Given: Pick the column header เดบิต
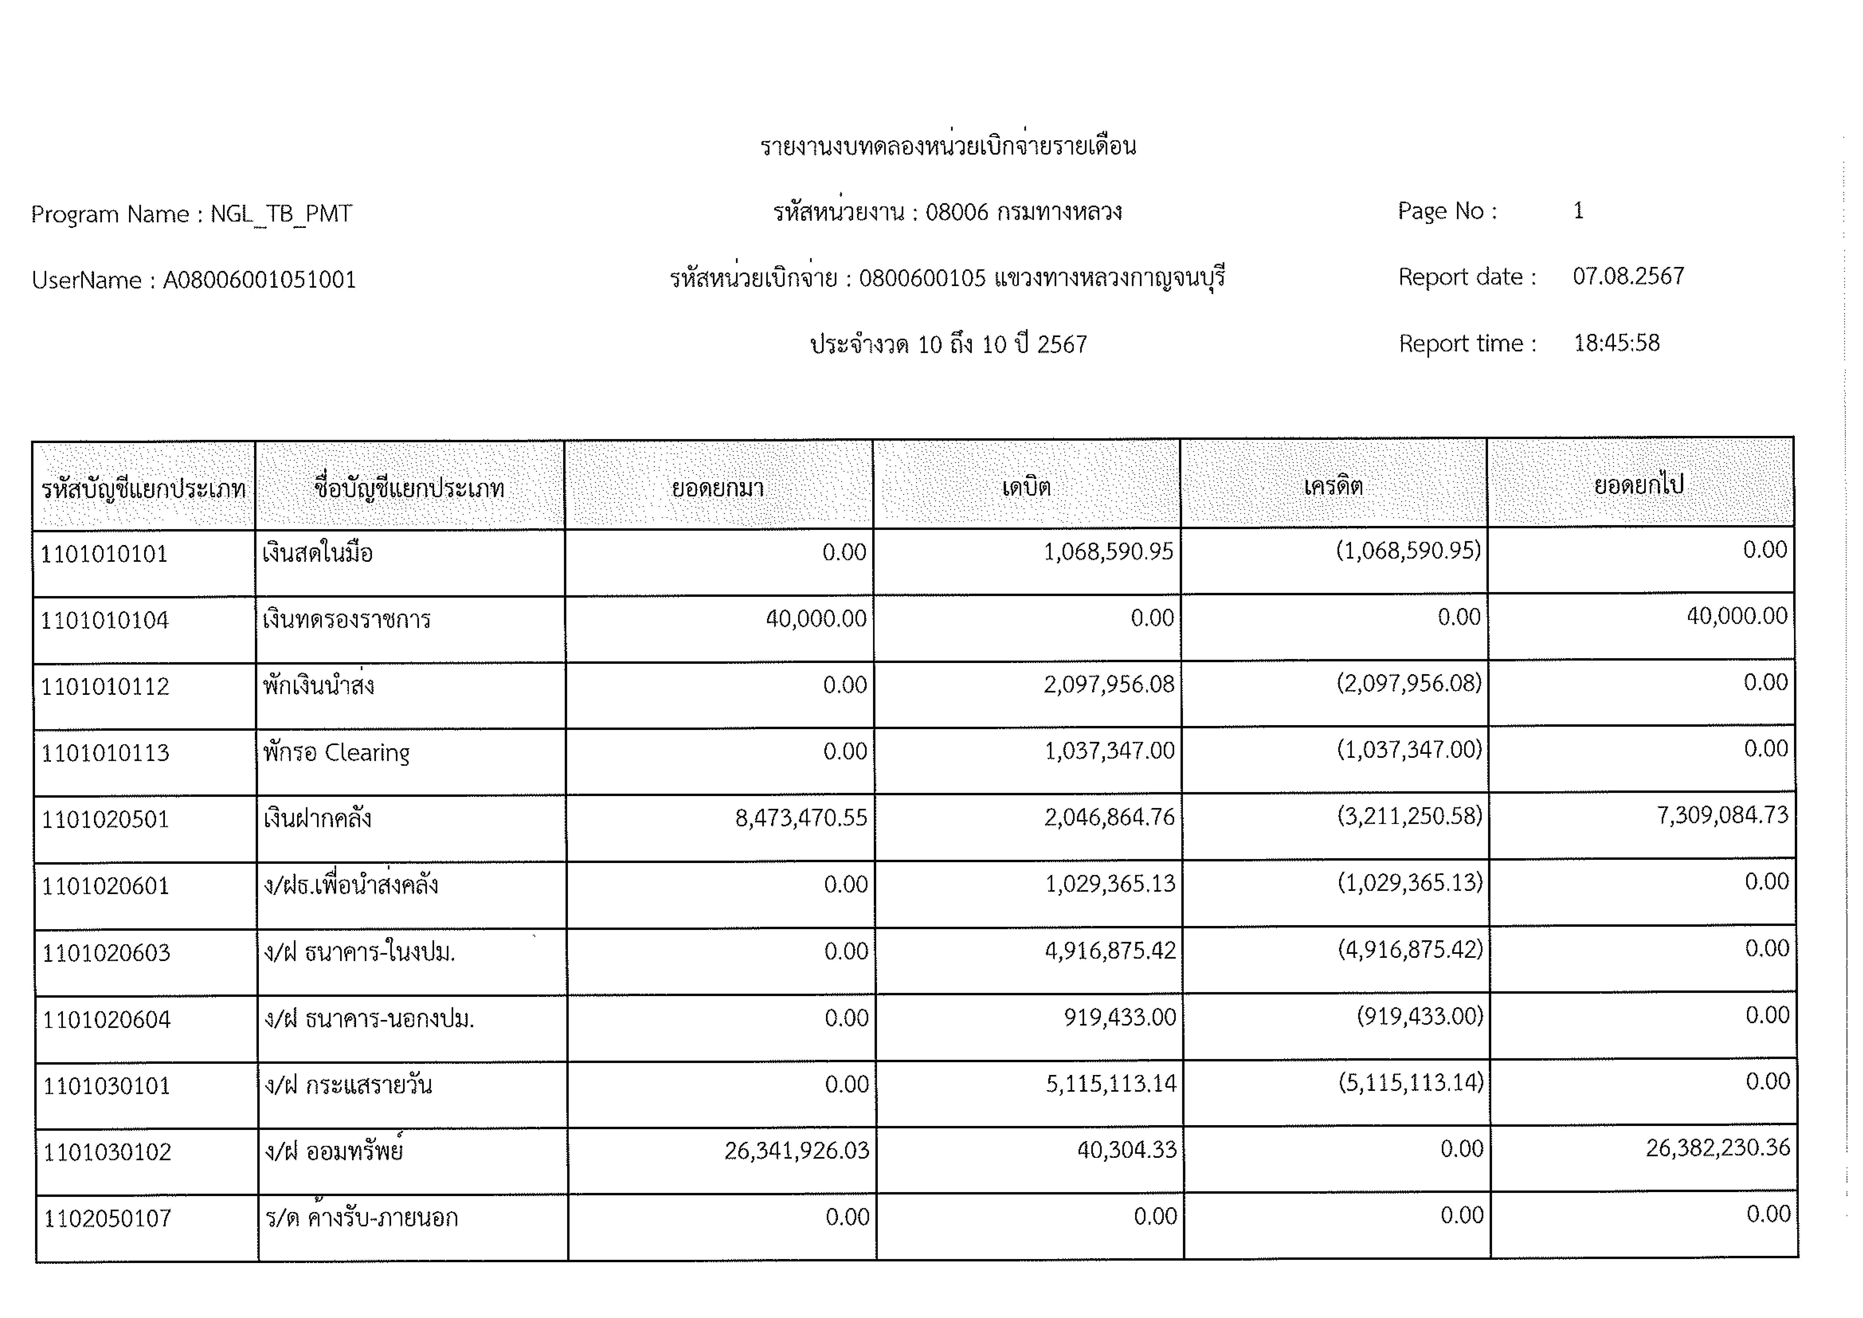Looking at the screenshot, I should [x=1026, y=487].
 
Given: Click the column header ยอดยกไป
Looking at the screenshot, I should [x=1639, y=485].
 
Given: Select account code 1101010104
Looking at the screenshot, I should [x=105, y=621].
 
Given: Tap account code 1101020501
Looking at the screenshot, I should [x=105, y=820].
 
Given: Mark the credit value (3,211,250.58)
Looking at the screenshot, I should [x=1410, y=816].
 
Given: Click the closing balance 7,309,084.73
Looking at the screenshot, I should [x=1722, y=815].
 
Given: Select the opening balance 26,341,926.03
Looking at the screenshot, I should [x=796, y=1151].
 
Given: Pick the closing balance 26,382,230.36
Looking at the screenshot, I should [x=1717, y=1147].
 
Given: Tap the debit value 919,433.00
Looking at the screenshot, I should [x=1120, y=1017].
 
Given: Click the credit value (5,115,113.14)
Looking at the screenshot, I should [x=1411, y=1083].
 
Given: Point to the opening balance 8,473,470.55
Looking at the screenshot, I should [x=801, y=818].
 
